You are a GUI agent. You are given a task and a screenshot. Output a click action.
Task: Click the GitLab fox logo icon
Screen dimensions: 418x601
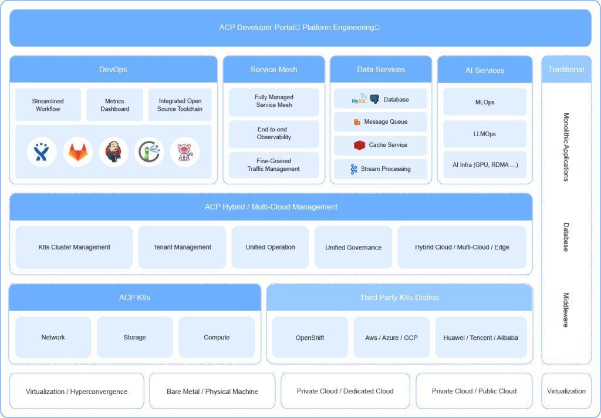[x=78, y=152]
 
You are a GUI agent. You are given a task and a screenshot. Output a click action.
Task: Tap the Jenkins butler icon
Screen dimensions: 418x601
[x=113, y=152]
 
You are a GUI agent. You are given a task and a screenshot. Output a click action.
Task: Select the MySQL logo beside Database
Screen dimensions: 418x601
[x=359, y=99]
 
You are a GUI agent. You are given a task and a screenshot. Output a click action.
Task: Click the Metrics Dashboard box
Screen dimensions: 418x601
[x=115, y=105]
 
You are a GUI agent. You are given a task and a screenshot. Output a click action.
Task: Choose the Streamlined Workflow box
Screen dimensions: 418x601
[x=48, y=105]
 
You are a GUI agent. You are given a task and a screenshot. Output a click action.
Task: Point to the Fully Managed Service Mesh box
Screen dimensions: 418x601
[x=274, y=101]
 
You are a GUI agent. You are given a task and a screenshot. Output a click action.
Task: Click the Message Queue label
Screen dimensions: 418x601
[x=386, y=122]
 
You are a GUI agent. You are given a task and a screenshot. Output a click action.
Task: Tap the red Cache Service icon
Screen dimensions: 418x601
[x=359, y=145]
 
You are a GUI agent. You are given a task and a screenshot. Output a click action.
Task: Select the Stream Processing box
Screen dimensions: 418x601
[x=380, y=169]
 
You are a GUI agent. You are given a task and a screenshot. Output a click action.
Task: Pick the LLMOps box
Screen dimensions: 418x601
[x=485, y=134]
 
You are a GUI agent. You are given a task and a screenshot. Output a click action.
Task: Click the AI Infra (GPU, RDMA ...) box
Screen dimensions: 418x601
[x=485, y=165]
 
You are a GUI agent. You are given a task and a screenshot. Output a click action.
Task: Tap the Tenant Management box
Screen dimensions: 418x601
[x=182, y=247]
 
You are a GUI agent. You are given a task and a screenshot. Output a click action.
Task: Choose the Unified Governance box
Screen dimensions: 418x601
[x=353, y=247]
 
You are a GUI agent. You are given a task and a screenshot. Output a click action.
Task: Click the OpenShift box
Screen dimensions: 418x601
[x=310, y=338]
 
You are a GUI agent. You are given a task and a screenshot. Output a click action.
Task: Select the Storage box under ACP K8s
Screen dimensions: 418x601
[x=134, y=338]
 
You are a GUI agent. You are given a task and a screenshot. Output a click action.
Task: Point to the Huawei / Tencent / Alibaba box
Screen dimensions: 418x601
[x=481, y=338]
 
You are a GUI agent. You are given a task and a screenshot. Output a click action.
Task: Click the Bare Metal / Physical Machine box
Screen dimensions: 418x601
[x=212, y=391]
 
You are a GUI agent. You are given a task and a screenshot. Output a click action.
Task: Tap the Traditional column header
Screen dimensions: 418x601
[x=566, y=69]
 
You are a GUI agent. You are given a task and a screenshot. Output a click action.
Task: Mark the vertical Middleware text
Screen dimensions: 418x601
[x=566, y=310]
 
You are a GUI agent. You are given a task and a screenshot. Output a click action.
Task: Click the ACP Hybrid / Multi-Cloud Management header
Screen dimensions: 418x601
[x=271, y=207]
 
